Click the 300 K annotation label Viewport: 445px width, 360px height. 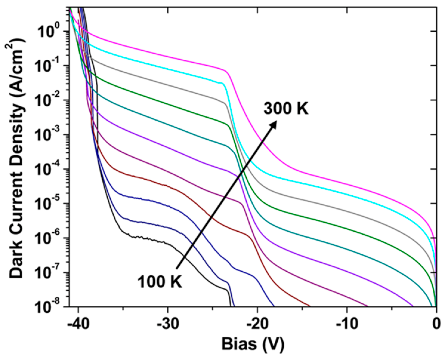(286, 109)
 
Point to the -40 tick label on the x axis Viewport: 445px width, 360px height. (78, 324)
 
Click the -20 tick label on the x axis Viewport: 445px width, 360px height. (257, 324)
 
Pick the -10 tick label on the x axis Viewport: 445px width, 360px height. (347, 324)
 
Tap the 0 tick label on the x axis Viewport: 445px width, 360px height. (436, 324)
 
